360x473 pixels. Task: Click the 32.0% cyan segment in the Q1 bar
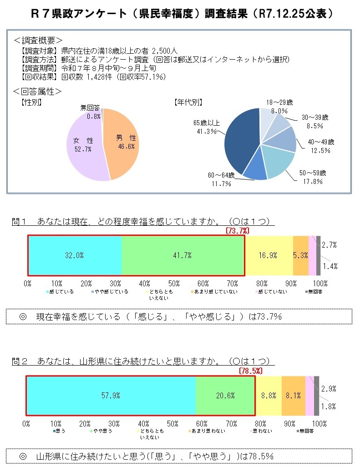[x=74, y=255]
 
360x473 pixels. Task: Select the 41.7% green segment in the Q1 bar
[x=183, y=255]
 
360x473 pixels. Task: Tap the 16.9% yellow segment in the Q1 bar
[x=269, y=255]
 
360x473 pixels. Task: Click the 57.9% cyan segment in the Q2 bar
[x=111, y=396]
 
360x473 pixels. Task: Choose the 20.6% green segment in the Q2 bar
[x=225, y=396]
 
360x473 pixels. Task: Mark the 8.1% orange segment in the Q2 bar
[x=293, y=396]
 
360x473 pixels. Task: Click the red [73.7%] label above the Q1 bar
[x=237, y=231]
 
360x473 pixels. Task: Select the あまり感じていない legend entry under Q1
[x=214, y=292]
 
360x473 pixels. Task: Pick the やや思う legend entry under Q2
[x=103, y=431]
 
